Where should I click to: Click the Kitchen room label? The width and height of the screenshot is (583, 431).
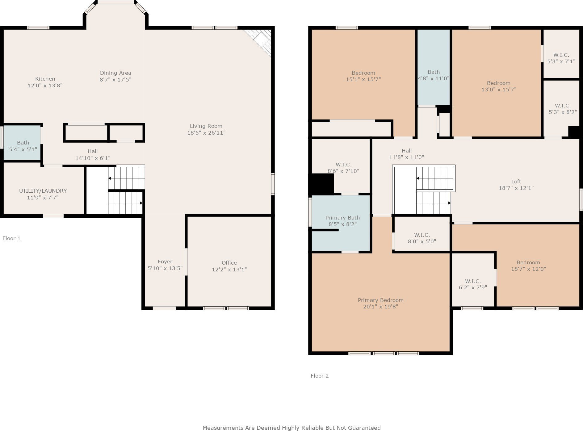pos(45,79)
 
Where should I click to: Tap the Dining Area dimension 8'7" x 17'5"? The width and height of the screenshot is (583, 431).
pos(115,80)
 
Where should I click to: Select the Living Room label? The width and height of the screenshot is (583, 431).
pos(206,126)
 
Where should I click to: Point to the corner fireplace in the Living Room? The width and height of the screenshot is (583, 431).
pos(259,42)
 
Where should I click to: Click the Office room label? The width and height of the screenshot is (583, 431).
pos(229,263)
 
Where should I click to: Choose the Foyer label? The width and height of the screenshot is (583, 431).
pos(165,262)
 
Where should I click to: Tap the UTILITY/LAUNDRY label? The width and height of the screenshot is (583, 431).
pos(43,191)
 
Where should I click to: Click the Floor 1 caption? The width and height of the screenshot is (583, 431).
pos(11,238)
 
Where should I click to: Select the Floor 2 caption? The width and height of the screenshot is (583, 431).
pos(320,376)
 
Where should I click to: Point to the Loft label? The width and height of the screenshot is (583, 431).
pos(516,182)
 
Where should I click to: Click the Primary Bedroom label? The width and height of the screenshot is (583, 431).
pos(381,300)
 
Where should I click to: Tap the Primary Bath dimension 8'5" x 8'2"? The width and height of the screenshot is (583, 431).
pos(342,224)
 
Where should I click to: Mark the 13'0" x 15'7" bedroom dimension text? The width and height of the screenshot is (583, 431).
pos(499,90)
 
